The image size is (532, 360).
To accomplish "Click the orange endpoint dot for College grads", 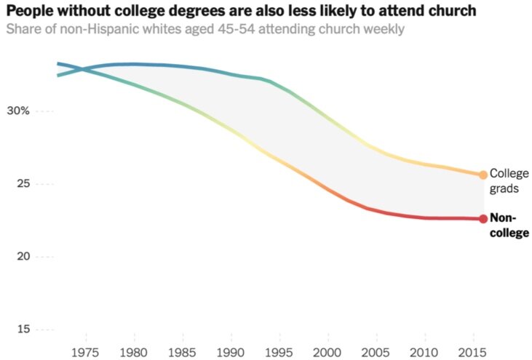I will point(483,175).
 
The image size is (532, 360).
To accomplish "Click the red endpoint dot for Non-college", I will point(483,218).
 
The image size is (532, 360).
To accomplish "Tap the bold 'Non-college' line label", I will point(509,225).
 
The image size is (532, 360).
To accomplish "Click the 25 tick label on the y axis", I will point(22,184).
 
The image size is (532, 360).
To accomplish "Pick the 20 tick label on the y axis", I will point(22,257).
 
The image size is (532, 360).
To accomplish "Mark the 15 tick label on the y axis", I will point(22,329).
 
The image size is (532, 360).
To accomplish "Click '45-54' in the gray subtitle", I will point(224,30).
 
